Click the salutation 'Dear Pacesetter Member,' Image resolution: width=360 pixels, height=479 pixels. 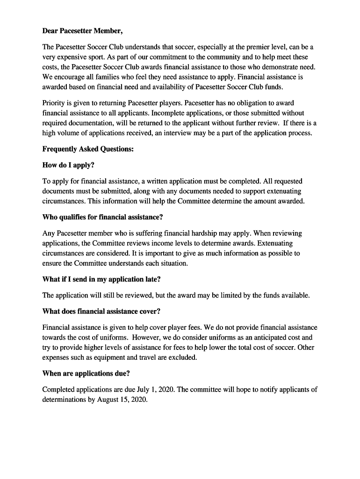point(83,31)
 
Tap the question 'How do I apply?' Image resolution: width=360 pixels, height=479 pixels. point(68,165)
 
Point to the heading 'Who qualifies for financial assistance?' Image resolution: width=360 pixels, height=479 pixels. point(102,217)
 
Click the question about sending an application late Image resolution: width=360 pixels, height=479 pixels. point(101,279)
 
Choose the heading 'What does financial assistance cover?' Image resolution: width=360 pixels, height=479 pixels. point(101,311)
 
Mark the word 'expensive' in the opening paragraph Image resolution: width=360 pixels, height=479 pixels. point(74,58)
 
